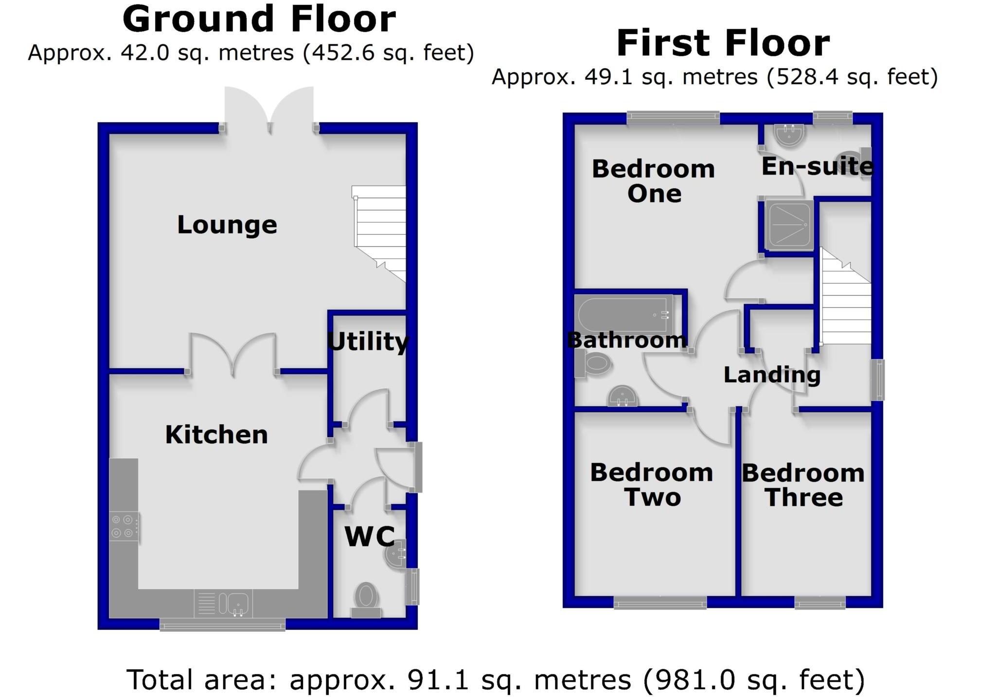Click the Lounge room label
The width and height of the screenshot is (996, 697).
click(227, 225)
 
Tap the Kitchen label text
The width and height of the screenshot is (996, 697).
click(216, 434)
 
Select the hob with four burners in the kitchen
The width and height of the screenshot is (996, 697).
click(124, 526)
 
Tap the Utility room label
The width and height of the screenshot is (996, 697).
click(368, 341)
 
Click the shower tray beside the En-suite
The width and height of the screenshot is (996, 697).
click(789, 225)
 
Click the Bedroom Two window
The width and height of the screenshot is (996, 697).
click(660, 603)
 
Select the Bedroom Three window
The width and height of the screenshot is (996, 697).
click(820, 603)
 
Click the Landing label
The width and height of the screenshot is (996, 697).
click(772, 375)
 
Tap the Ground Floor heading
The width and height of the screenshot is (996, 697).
click(259, 19)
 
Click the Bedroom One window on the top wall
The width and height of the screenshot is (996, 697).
click(673, 117)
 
